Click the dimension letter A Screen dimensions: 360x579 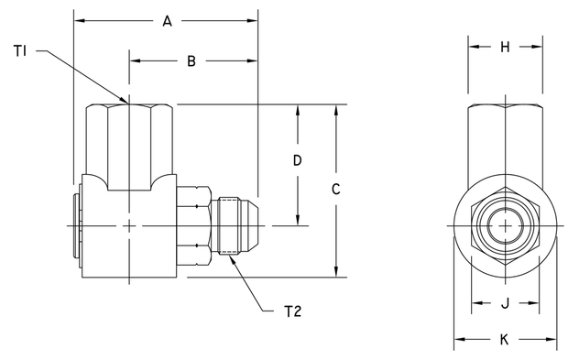[x=166, y=20]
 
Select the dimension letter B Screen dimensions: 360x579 [x=191, y=61]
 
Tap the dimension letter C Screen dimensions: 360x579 [x=336, y=190]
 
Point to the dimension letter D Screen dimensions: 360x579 [x=297, y=161]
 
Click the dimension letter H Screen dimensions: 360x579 [x=504, y=48]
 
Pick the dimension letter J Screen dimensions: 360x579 [x=504, y=304]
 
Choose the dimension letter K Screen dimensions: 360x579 [x=504, y=340]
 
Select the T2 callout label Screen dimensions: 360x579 [x=292, y=311]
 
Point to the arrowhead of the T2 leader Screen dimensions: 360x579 [x=226, y=254]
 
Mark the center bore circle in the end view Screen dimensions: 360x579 [x=504, y=225]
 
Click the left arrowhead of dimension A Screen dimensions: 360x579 [x=77, y=20]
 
